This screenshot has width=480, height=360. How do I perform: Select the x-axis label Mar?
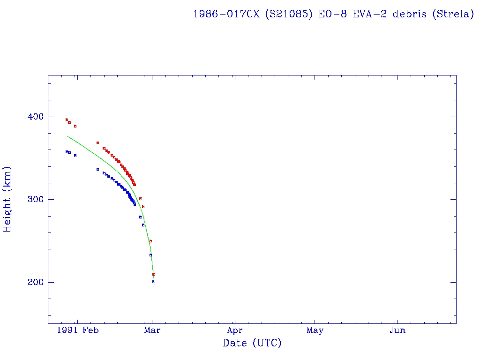click(x=152, y=330)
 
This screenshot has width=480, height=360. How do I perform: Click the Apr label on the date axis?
click(x=235, y=330)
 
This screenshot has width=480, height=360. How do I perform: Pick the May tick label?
click(x=315, y=330)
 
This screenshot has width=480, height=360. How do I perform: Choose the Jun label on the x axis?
click(x=397, y=330)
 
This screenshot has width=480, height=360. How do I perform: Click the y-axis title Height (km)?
click(x=7, y=199)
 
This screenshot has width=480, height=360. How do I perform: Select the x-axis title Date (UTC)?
click(x=252, y=344)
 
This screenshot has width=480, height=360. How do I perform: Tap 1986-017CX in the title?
click(x=226, y=14)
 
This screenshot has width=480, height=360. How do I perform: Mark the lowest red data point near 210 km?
click(x=154, y=274)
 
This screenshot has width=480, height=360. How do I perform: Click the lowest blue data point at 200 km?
click(x=154, y=282)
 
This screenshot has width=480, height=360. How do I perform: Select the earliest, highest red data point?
click(x=67, y=120)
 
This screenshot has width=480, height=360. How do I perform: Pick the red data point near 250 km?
click(x=150, y=241)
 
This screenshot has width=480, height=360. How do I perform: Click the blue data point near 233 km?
click(x=150, y=255)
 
